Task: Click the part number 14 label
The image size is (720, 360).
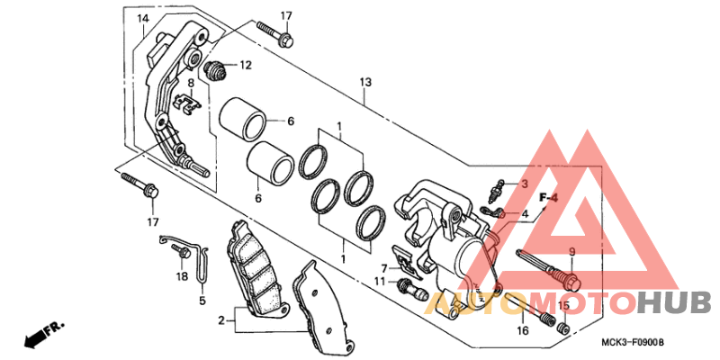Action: pos(143,19)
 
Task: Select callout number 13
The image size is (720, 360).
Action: pos(364,83)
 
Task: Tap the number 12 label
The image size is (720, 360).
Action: pos(246,65)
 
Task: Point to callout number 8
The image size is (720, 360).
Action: pos(191,83)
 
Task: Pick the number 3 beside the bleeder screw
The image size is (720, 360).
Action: pos(524,184)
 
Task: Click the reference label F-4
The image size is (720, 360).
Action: pos(548,197)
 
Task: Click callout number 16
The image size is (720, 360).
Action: pos(522,331)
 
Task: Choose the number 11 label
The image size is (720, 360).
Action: pos(380,282)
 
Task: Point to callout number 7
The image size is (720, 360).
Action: pos(383,267)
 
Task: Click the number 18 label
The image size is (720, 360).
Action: pos(182,276)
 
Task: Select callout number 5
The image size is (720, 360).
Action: pos(202,300)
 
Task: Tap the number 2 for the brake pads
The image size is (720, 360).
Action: pos(220,319)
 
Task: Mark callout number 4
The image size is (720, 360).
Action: pos(524,213)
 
